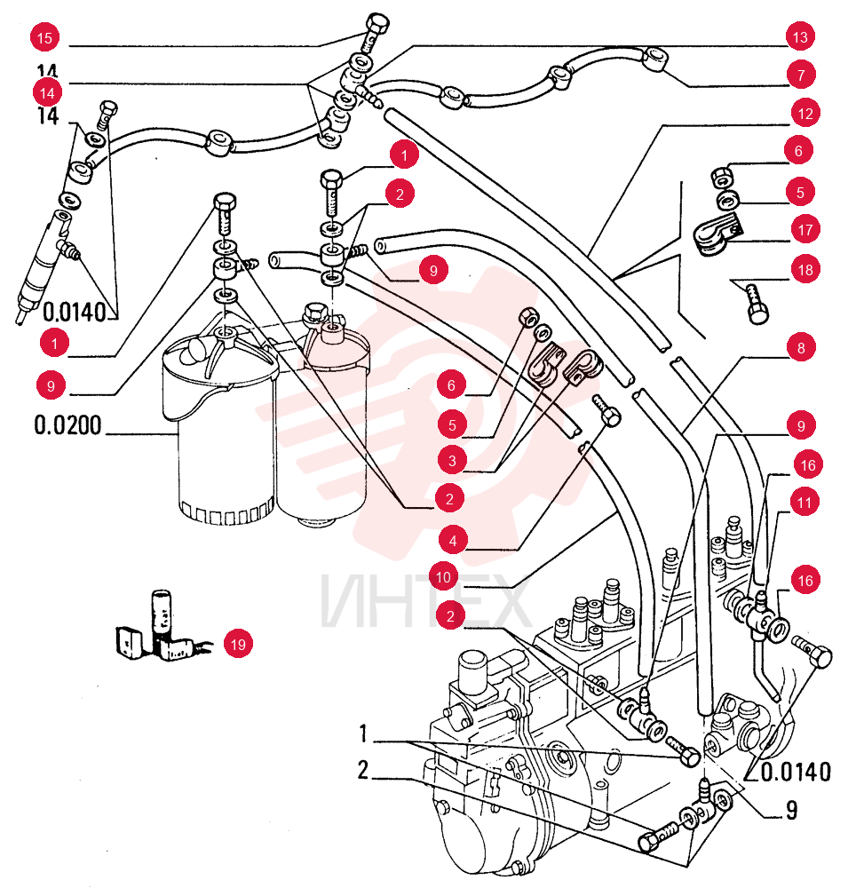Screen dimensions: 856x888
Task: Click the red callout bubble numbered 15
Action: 44,38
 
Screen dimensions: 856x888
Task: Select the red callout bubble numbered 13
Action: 800,36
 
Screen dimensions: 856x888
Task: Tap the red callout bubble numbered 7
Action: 801,75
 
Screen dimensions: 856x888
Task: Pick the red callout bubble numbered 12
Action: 805,114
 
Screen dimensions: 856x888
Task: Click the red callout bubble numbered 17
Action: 805,229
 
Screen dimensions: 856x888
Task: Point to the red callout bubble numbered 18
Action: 805,270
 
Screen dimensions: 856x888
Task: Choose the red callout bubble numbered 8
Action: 801,347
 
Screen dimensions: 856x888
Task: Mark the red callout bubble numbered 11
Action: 804,502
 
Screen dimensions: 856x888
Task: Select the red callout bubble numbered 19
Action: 238,644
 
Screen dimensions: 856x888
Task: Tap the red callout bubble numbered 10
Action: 443,577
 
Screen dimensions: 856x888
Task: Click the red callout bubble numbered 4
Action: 452,541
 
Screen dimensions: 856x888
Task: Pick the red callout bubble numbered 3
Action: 452,460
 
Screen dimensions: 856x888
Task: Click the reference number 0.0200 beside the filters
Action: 68,424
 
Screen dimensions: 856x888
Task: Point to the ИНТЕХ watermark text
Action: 425,601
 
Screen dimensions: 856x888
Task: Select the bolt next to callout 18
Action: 756,304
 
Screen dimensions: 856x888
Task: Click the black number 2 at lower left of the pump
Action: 363,770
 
